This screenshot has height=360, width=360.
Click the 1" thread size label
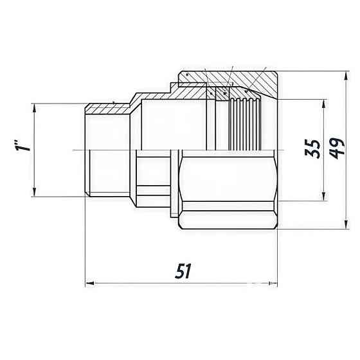24,150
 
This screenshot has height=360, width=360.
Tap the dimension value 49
334,150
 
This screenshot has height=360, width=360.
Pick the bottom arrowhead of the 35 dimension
322,199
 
